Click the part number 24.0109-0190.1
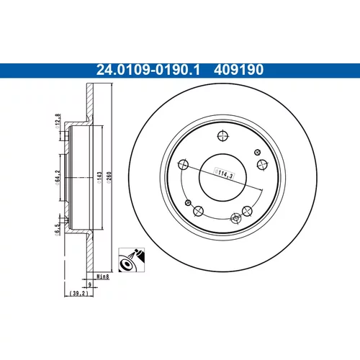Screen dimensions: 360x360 point(148,70)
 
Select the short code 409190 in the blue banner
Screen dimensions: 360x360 point(239,70)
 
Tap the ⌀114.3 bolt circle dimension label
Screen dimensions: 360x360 point(224,174)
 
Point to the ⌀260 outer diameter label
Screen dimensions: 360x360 point(109,178)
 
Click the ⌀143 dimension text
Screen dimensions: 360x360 point(99,178)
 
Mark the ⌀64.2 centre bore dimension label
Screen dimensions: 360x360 point(58,178)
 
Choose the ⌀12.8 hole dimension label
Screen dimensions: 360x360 point(58,122)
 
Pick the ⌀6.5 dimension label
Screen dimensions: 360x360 point(57,230)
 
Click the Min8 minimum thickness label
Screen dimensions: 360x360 point(103,276)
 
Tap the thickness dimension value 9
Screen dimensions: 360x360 point(90,284)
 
